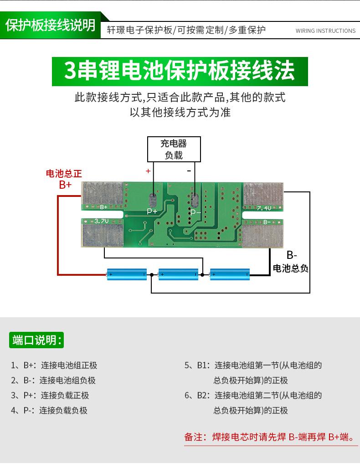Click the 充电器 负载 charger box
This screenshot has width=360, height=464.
tap(174, 149)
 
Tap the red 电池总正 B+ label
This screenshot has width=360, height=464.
tap(64, 179)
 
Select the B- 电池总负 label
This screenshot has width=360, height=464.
tap(291, 262)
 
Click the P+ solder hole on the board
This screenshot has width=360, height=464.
tap(153, 201)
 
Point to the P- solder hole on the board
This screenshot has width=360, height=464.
tap(195, 201)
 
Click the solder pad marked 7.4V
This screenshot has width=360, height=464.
tap(263, 196)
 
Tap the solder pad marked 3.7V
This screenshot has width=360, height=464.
tap(103, 233)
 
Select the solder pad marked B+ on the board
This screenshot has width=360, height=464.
tap(102, 196)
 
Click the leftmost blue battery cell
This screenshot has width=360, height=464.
tap(127, 274)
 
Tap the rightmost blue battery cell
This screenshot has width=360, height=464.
tap(230, 274)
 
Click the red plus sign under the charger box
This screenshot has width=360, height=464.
tap(148, 171)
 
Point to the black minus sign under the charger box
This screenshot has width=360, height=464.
tap(189, 171)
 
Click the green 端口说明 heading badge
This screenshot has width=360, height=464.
tap(37, 340)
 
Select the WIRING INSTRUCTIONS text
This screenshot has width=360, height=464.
tap(325, 31)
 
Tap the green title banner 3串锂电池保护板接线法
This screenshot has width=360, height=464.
tap(180, 71)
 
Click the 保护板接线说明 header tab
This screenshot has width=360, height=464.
tap(51, 26)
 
